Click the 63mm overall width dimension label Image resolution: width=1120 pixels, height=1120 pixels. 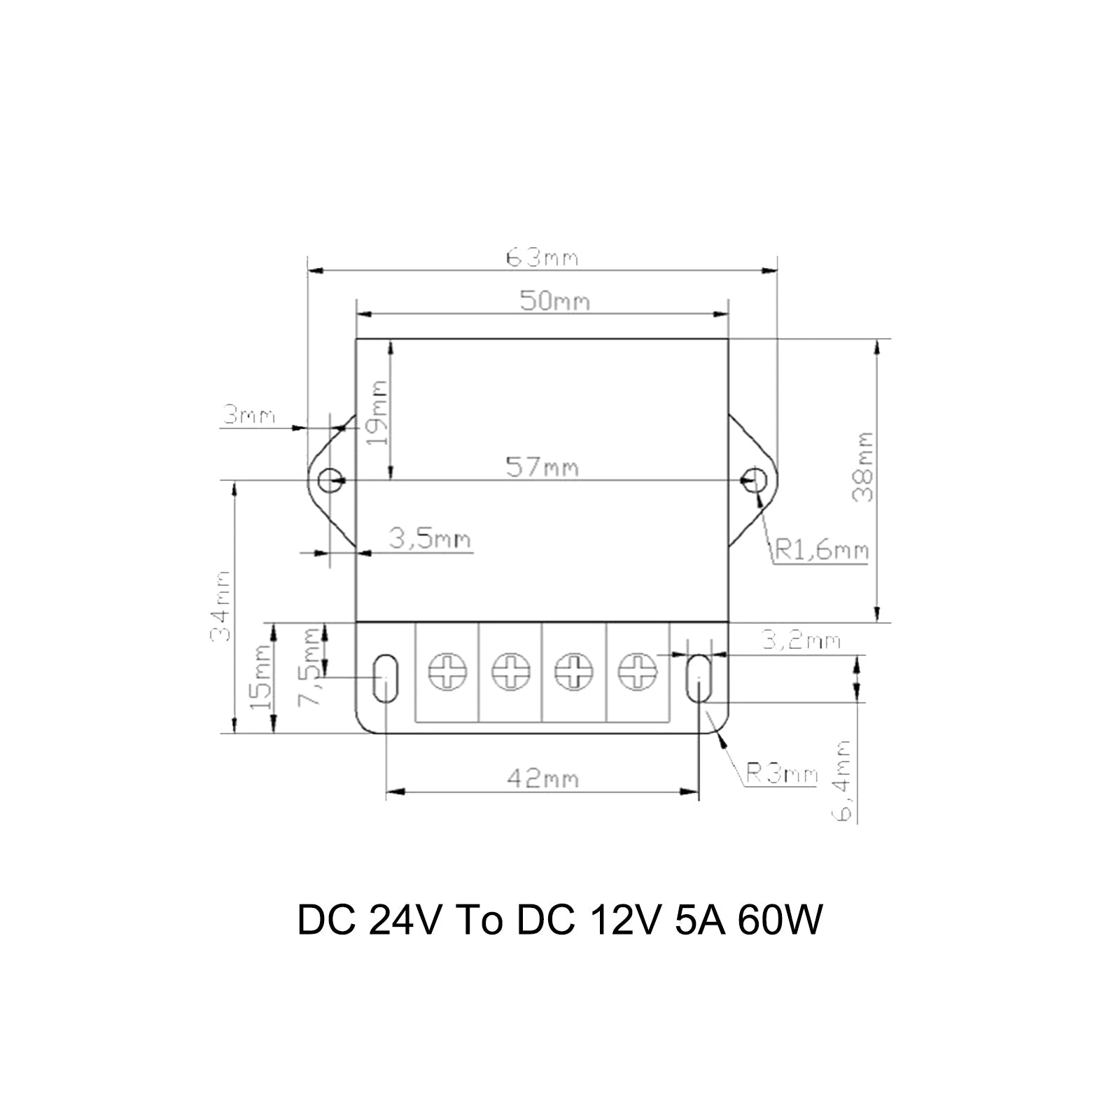pyautogui.click(x=542, y=258)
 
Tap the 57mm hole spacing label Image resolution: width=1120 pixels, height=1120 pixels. pyautogui.click(x=542, y=466)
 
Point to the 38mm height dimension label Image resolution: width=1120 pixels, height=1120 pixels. pyautogui.click(x=863, y=467)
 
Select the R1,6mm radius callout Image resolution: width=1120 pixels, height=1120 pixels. pyautogui.click(x=820, y=551)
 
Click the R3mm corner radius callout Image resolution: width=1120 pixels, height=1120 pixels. pyautogui.click(x=781, y=774)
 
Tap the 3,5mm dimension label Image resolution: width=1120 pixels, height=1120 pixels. pyautogui.click(x=430, y=540)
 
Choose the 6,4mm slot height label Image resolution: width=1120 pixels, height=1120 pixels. pyautogui.click(x=844, y=780)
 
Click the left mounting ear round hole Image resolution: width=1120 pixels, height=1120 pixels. pyautogui.click(x=330, y=480)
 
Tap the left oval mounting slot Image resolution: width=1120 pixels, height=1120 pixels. pyautogui.click(x=384, y=678)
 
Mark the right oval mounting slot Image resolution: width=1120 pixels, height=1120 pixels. pyautogui.click(x=698, y=678)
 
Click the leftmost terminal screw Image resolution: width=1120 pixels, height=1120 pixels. pyautogui.click(x=447, y=672)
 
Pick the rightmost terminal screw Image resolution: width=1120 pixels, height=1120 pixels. pyautogui.click(x=637, y=672)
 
